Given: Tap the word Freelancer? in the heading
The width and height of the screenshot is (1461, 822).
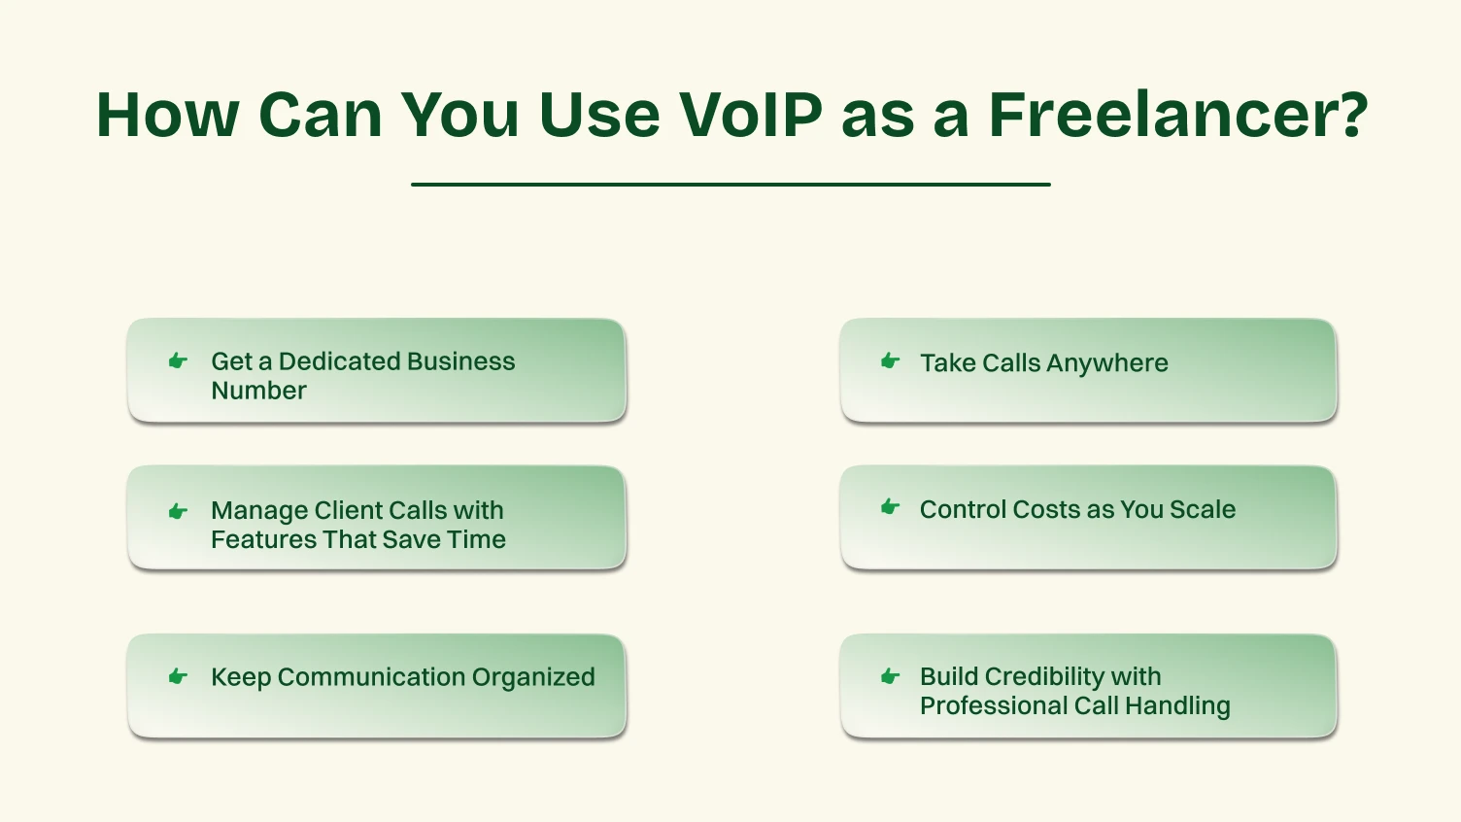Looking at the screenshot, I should point(1178,115).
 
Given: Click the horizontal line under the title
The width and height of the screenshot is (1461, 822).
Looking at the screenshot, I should point(730,184).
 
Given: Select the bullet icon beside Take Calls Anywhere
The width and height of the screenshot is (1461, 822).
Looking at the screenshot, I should point(890,361).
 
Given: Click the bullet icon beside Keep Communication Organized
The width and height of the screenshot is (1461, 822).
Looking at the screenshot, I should point(178,676).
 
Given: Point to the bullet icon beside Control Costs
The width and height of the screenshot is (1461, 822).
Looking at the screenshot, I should point(890,507).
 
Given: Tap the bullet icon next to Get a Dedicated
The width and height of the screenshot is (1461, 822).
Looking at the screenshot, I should point(178,361).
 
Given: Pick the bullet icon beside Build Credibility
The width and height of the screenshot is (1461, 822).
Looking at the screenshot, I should point(890,676).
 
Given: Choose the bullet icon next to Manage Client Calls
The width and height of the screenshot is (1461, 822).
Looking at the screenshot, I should point(178,511).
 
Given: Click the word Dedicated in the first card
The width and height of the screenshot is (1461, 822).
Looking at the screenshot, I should point(334,361).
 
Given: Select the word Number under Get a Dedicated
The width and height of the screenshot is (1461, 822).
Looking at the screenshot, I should point(258,391).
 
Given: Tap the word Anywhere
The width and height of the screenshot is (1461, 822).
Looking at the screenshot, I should point(1107,363).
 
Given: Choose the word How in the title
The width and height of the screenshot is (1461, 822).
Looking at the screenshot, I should point(167,115).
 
